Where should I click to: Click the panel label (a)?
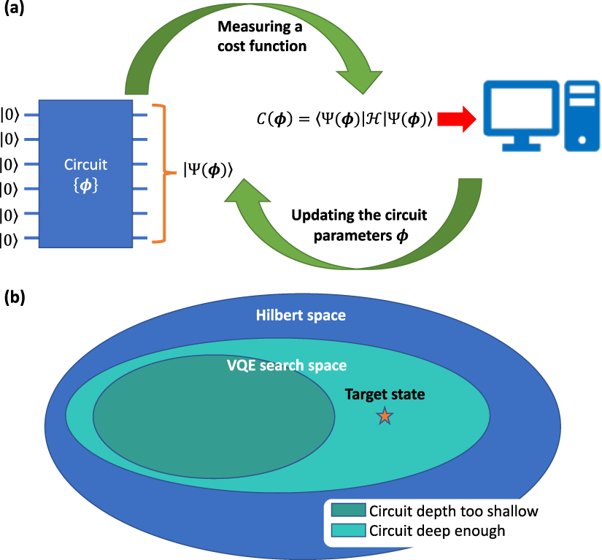click(x=15, y=12)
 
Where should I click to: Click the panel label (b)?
click(x=15, y=297)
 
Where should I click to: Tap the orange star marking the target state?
click(x=385, y=416)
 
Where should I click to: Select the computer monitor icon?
click(x=517, y=116)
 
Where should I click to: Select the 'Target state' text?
click(x=385, y=394)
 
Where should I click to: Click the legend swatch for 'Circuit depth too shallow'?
click(x=347, y=510)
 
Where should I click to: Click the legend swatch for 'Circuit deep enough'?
click(x=347, y=531)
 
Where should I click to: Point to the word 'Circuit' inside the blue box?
click(x=85, y=166)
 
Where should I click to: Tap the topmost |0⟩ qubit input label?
click(x=10, y=114)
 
